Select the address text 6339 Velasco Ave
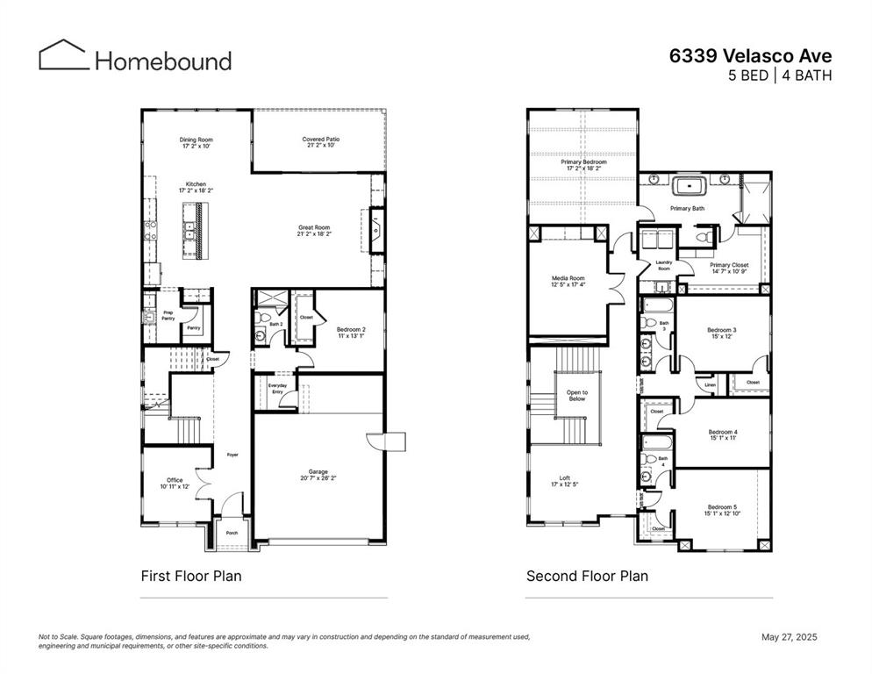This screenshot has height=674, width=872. tap(750, 54)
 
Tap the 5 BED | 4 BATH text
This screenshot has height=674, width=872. tap(780, 75)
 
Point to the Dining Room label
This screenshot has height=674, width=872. tap(197, 143)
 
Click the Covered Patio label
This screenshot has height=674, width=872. tap(320, 143)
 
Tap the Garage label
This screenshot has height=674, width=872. tap(318, 475)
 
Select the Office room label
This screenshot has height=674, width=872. tap(175, 483)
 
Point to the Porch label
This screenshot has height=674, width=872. tap(232, 533)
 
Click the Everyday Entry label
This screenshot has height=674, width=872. tap(275, 389)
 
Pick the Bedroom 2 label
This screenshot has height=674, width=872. tap(351, 333)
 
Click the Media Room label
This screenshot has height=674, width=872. tap(568, 281)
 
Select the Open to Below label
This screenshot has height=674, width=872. tap(577, 395)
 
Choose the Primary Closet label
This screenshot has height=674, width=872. tap(728, 268)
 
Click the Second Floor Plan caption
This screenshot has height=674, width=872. tap(587, 577)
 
